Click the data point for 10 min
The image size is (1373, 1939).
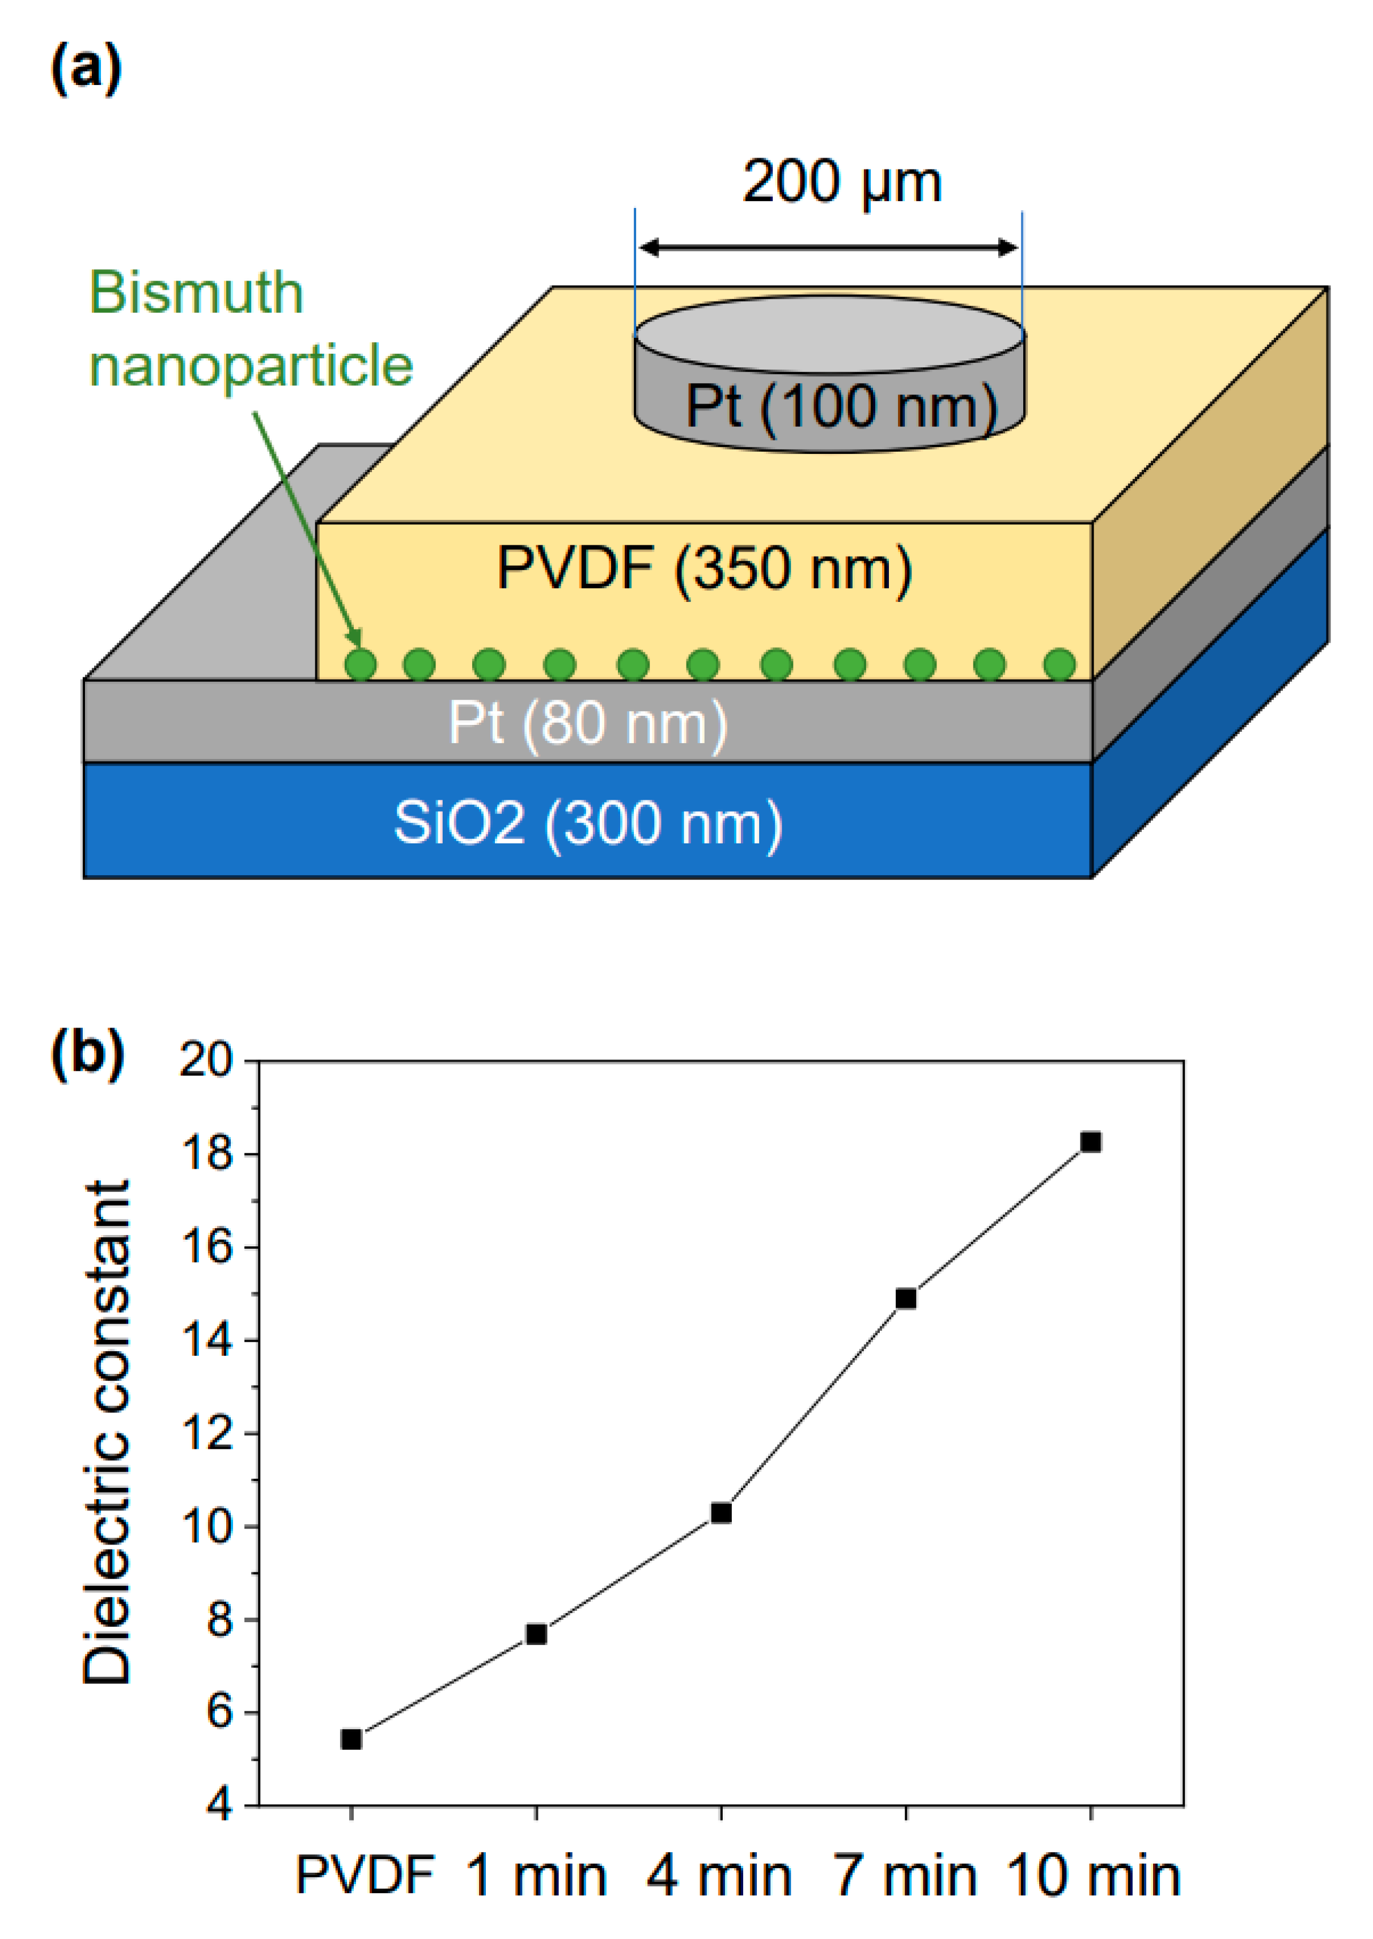(1091, 1142)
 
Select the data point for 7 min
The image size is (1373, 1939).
(905, 1299)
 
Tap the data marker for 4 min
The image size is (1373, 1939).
(721, 1513)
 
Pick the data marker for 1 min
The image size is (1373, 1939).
(536, 1634)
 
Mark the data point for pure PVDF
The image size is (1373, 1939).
(351, 1739)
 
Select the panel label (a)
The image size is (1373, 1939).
(86, 69)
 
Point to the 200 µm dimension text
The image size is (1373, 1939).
(842, 182)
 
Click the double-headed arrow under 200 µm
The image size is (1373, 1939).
(829, 248)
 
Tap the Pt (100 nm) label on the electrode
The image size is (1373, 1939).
(841, 408)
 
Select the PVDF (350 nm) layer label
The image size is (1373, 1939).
(704, 568)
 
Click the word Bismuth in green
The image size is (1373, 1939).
(196, 293)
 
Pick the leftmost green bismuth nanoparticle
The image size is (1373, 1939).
(361, 664)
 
